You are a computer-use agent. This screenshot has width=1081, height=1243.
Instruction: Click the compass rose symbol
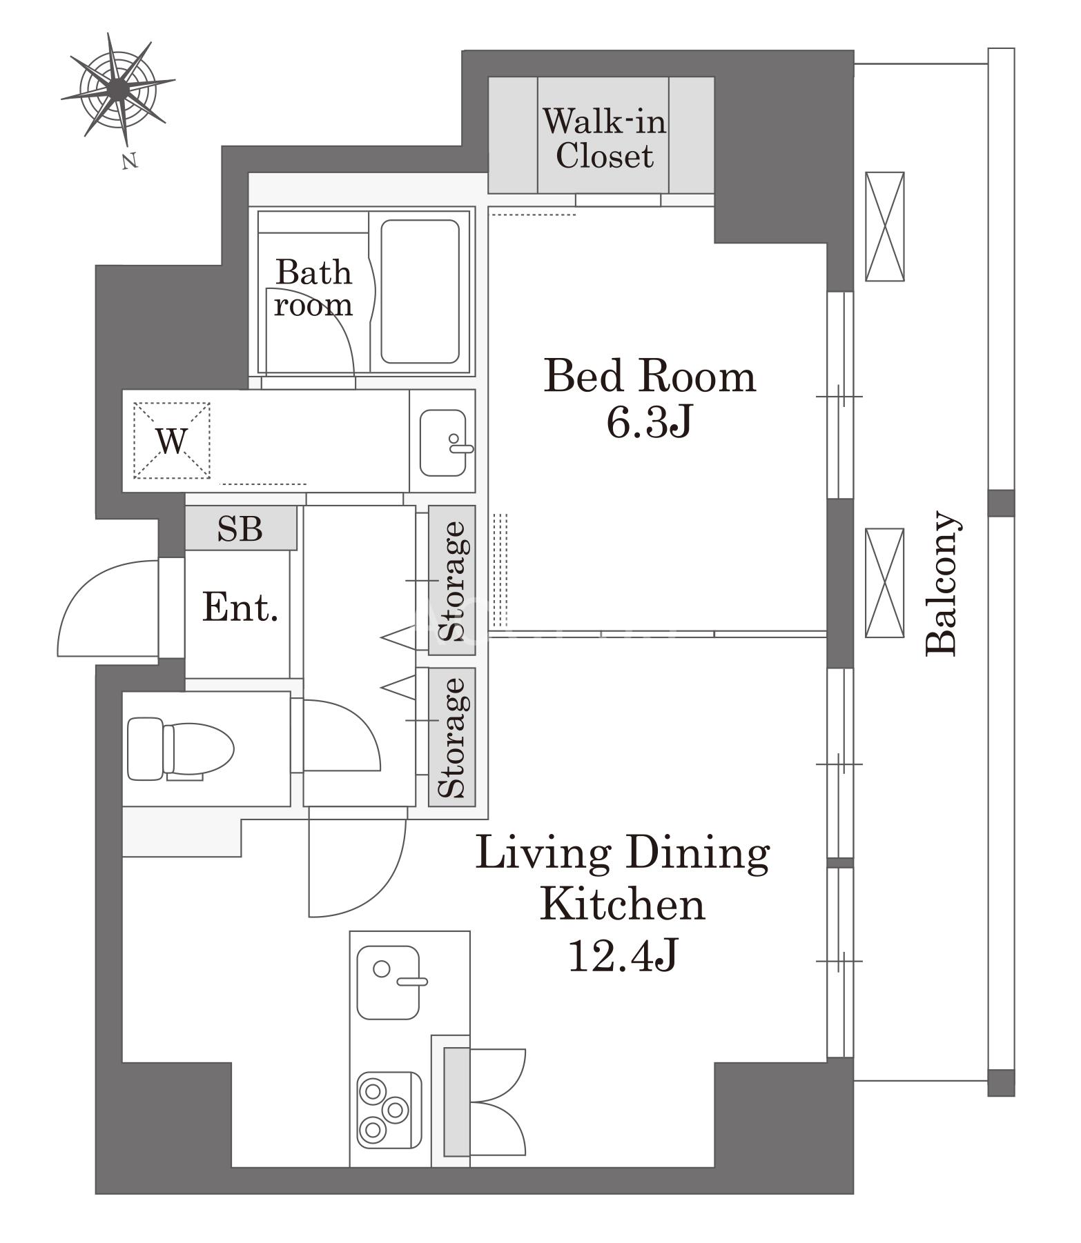click(118, 88)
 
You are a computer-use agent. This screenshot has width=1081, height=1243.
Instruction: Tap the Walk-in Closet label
click(604, 138)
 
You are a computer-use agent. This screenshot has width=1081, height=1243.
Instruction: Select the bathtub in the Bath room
click(420, 291)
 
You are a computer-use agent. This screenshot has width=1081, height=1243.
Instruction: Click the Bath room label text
click(313, 288)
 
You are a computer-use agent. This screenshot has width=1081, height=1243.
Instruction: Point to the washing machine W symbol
click(171, 440)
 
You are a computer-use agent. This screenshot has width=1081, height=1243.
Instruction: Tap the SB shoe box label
click(240, 528)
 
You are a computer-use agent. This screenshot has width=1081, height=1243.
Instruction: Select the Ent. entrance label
click(240, 608)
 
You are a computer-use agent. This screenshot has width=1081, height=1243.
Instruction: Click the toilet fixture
click(181, 749)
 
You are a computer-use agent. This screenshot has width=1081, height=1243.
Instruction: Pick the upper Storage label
click(453, 581)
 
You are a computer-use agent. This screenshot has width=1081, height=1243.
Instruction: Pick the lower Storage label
click(453, 737)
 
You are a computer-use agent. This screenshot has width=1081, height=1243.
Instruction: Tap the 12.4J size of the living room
click(623, 955)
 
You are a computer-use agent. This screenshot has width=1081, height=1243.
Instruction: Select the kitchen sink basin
click(388, 982)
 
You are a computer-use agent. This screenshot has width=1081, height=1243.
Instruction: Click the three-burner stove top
click(389, 1110)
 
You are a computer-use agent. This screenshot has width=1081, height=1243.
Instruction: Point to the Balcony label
click(942, 583)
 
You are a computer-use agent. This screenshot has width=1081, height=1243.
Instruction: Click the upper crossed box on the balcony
click(885, 226)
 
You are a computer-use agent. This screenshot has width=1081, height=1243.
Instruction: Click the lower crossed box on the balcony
click(885, 583)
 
